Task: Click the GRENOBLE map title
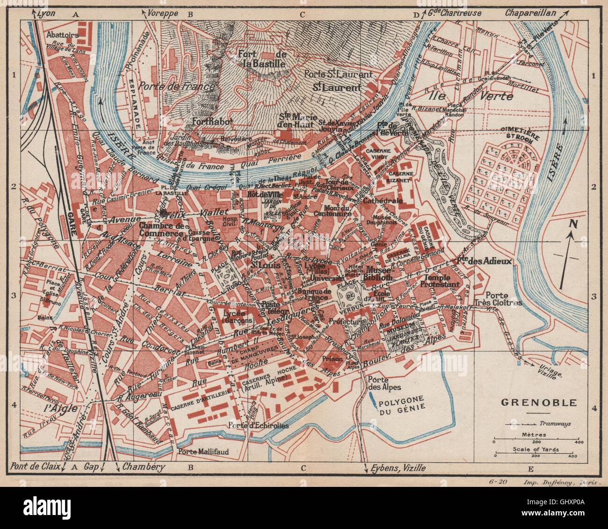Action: click(532, 402)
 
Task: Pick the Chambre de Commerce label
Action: click(160, 230)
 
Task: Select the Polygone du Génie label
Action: click(402, 403)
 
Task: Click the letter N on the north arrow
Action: click(572, 224)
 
